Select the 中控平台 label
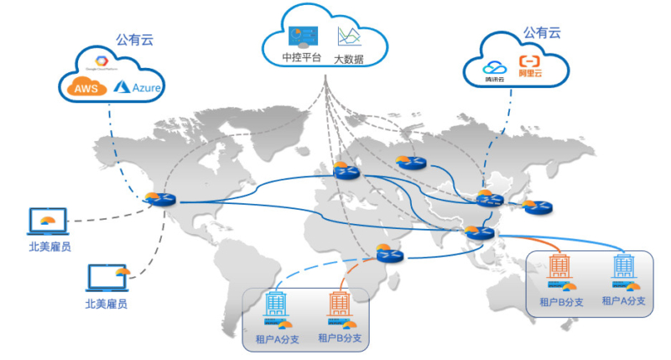301,59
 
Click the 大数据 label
351,59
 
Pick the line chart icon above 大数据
349,36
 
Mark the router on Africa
390,254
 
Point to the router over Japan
539,206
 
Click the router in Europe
345,170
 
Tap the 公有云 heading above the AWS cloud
134,39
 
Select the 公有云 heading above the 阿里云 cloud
542,33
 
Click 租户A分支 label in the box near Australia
623,300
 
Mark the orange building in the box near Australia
559,267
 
